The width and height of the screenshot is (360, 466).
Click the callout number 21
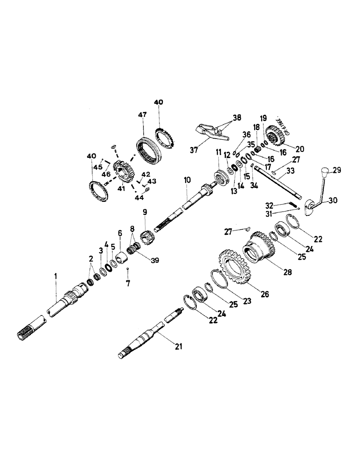(178, 346)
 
